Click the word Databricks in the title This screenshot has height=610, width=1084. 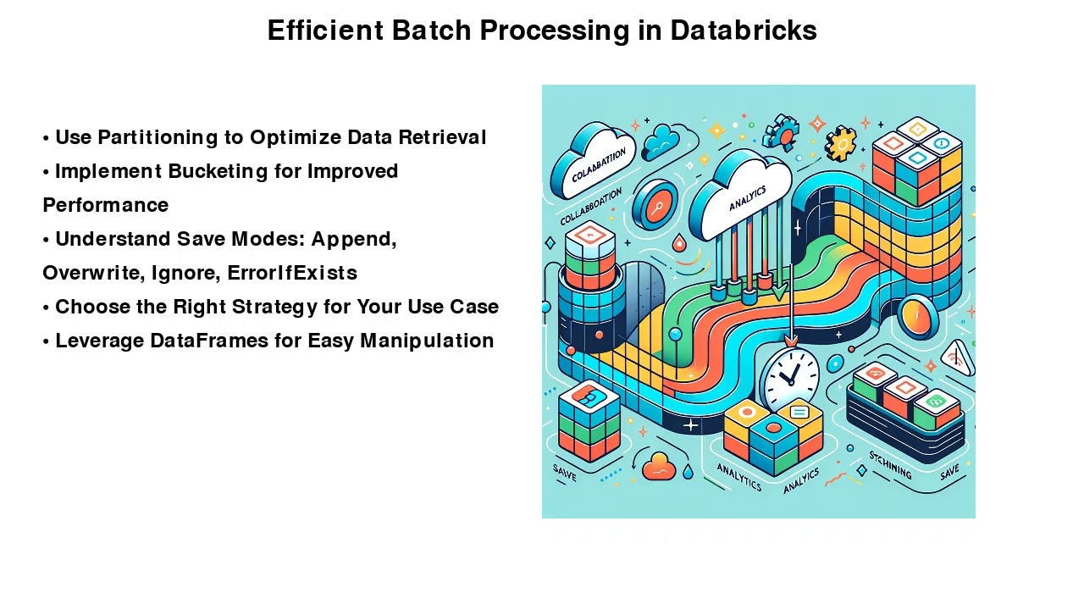coord(743,30)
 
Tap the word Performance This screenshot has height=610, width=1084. coord(105,205)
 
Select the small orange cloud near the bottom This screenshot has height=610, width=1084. coord(658,465)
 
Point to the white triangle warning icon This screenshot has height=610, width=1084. coord(958,358)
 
